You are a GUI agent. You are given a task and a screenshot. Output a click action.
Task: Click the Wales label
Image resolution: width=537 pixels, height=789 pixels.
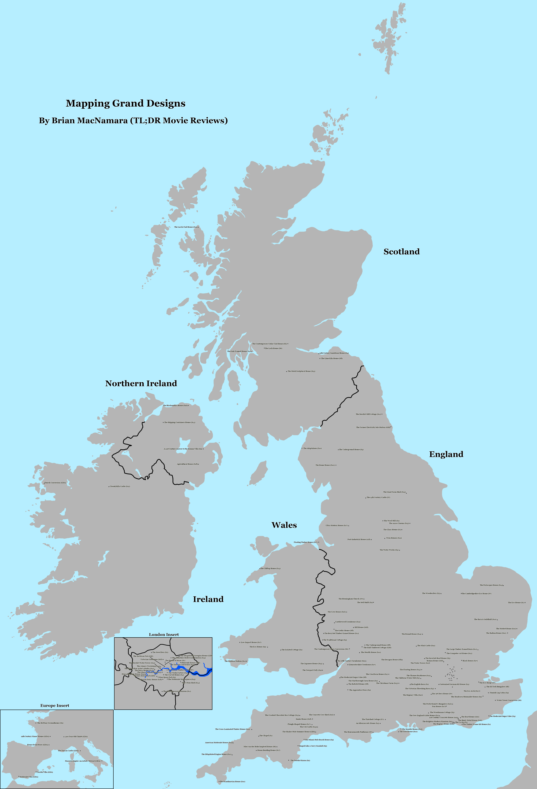tap(284, 525)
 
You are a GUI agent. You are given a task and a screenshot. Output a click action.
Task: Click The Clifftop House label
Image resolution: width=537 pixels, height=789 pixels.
tap(270, 568)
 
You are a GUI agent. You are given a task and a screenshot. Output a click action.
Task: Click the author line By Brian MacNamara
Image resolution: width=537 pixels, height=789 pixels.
tap(133, 121)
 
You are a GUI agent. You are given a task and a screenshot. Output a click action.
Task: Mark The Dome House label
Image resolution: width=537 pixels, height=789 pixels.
tap(325, 465)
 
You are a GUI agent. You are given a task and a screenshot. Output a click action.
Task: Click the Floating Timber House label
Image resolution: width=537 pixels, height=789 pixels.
tap(305, 542)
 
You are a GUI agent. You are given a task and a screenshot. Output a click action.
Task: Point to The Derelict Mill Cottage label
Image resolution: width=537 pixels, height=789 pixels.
tap(368, 414)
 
